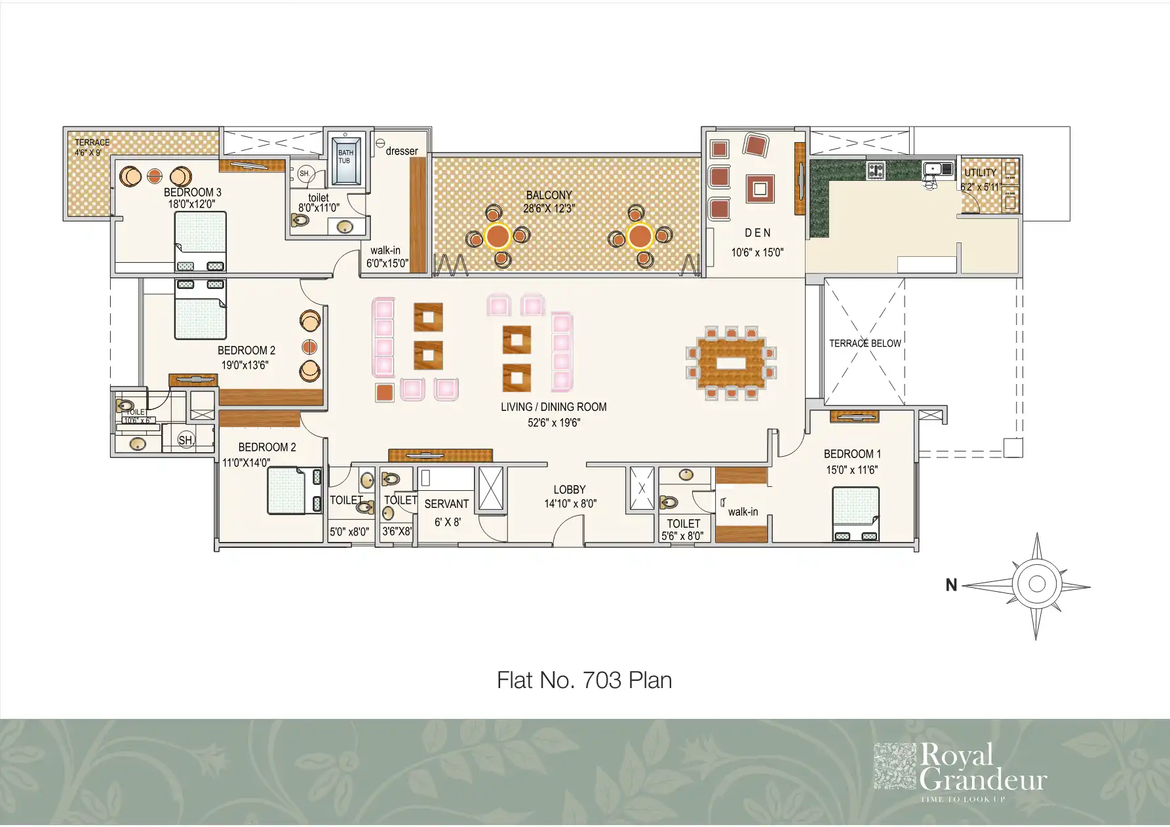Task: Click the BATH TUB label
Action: tap(345, 157)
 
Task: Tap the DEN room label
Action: tap(758, 233)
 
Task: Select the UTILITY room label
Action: tap(980, 173)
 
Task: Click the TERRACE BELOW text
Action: tap(865, 343)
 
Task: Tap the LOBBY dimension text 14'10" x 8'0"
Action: tap(570, 504)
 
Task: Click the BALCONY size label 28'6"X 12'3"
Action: tap(549, 209)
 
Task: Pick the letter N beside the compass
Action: tap(951, 585)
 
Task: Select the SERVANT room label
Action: tap(446, 504)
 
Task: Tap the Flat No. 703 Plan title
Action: tap(584, 680)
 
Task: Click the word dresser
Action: tap(401, 151)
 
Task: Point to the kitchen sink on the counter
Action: tap(937, 169)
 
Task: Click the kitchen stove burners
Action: tap(876, 170)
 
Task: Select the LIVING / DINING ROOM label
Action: tap(553, 407)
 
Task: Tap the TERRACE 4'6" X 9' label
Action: tap(92, 147)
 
